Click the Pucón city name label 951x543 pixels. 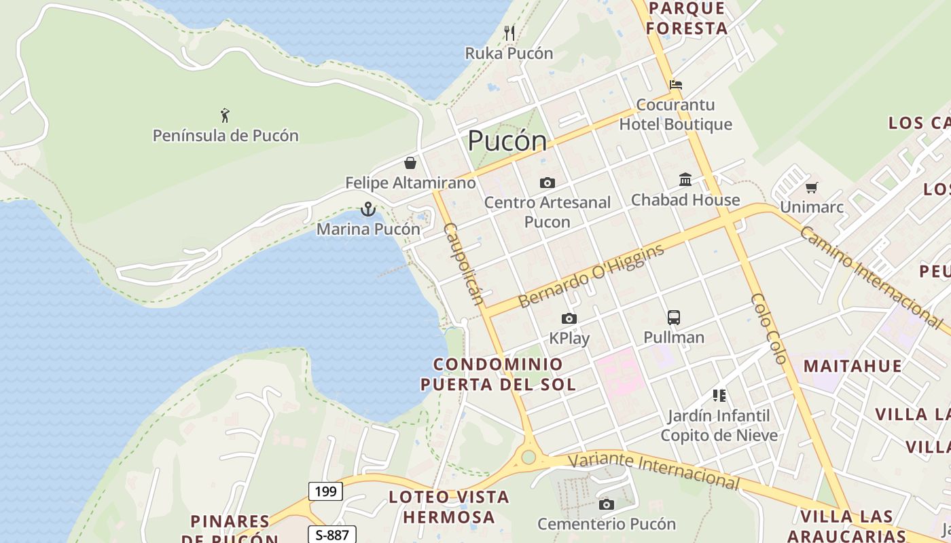[x=507, y=141]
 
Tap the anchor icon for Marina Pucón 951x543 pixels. [x=368, y=209]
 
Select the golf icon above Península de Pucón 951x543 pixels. [x=225, y=115]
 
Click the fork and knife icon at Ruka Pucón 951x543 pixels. [x=509, y=33]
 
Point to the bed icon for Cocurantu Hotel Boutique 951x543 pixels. [x=676, y=85]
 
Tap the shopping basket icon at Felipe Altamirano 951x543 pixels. [x=410, y=163]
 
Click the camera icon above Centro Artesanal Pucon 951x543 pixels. [x=547, y=183]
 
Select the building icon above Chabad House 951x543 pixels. [x=685, y=180]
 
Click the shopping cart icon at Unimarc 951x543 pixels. [x=812, y=187]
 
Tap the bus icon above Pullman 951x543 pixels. [x=674, y=317]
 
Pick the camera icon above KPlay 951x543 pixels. [x=569, y=318]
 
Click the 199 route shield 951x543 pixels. [x=325, y=491]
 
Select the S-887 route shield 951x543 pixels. [x=332, y=535]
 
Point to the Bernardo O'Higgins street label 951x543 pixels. [x=591, y=277]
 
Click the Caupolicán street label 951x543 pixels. [x=464, y=263]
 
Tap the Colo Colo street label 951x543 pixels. [x=769, y=329]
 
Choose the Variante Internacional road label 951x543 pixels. [x=653, y=470]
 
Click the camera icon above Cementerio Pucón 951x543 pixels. [x=607, y=504]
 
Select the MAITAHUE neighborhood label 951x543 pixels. [x=853, y=367]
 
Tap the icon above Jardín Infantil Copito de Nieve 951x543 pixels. [x=719, y=395]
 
